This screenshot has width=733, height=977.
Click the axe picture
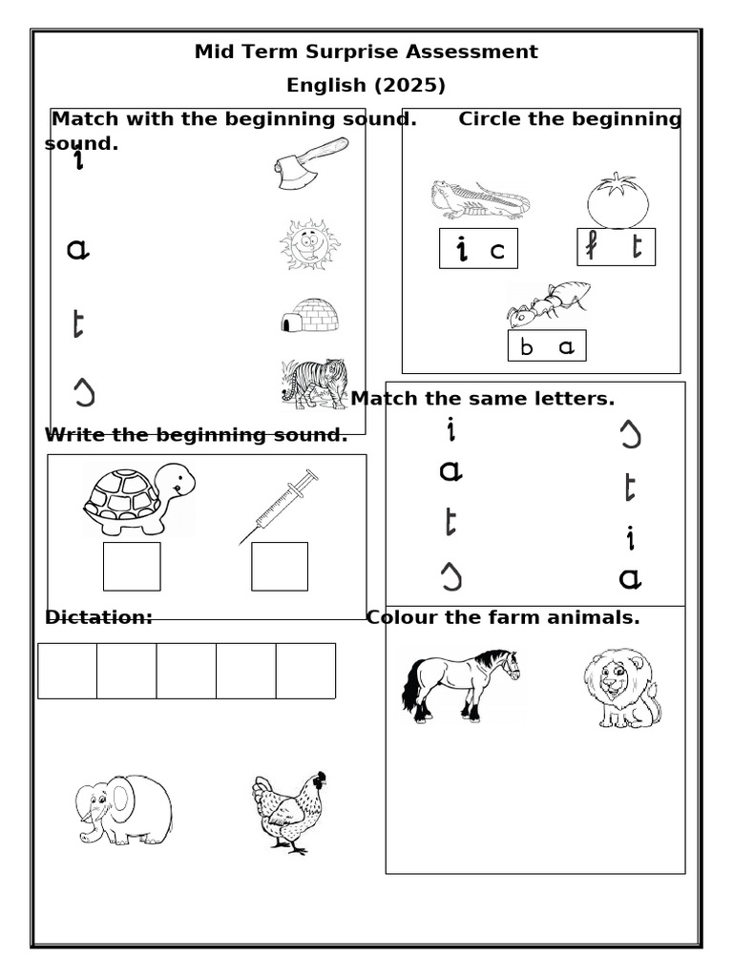click(x=310, y=162)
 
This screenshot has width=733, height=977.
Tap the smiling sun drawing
click(x=309, y=245)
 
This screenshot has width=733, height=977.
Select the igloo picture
click(x=309, y=315)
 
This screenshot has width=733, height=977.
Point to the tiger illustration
click(x=314, y=384)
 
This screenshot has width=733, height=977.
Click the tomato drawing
click(x=618, y=201)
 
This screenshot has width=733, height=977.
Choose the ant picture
click(x=548, y=304)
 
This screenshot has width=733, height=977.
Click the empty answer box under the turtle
click(x=132, y=567)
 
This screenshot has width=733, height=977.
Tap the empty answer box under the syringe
click(x=280, y=567)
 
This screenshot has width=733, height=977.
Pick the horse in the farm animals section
click(x=461, y=683)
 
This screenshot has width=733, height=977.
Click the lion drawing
click(x=621, y=687)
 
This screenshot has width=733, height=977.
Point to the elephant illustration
click(x=124, y=809)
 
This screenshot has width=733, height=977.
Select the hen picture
click(x=289, y=812)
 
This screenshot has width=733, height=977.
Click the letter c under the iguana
click(x=496, y=252)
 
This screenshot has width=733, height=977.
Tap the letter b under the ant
click(x=527, y=348)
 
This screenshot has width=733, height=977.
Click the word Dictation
click(x=98, y=617)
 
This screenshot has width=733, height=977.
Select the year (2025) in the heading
click(x=409, y=85)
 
